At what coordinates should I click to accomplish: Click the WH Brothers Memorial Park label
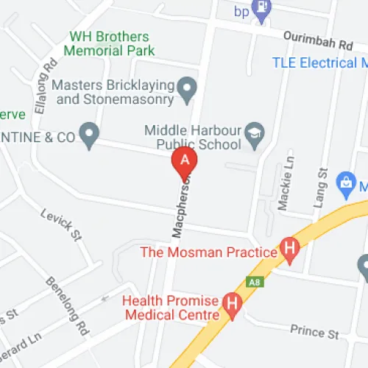pos(111,43)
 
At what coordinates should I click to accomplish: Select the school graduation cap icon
pos(255,133)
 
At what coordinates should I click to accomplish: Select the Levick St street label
pos(62,223)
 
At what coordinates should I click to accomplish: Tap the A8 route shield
pos(252,280)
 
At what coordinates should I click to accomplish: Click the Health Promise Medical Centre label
pos(171,308)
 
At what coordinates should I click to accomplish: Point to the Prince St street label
pos(314,333)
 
